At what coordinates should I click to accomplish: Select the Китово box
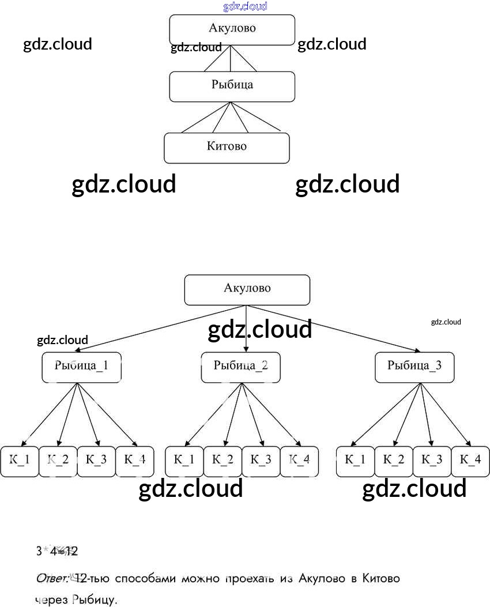pyautogui.click(x=227, y=148)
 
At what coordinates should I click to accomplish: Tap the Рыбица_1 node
pyautogui.click(x=81, y=367)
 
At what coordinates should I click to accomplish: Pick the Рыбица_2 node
pyautogui.click(x=240, y=367)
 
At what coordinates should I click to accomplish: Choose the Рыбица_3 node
pyautogui.click(x=414, y=367)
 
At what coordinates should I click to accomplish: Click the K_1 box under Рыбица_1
pyautogui.click(x=20, y=461)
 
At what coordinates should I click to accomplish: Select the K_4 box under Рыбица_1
pyautogui.click(x=135, y=461)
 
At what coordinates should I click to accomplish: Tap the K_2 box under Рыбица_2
pyautogui.click(x=223, y=461)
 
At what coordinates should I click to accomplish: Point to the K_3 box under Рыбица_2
pyautogui.click(x=261, y=461)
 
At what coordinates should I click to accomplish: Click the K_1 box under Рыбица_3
pyautogui.click(x=355, y=461)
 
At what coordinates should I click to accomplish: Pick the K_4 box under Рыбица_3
pyautogui.click(x=470, y=461)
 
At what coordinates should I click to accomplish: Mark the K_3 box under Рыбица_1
pyautogui.click(x=96, y=461)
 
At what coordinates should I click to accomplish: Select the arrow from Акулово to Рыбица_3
pyautogui.click(x=334, y=329)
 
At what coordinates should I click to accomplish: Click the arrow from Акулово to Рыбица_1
pyautogui.click(x=161, y=329)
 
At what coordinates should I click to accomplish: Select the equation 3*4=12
pyautogui.click(x=56, y=551)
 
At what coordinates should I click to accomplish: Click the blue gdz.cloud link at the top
pyautogui.click(x=245, y=7)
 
